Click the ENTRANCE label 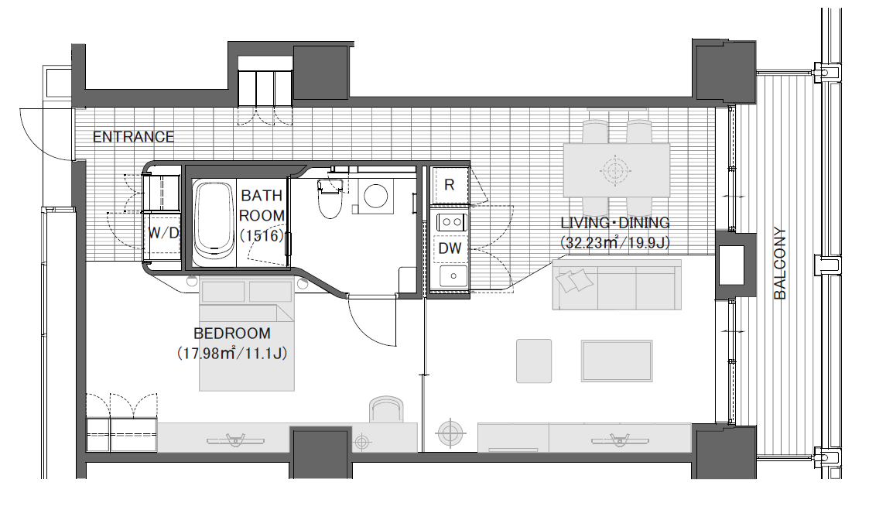[x=133, y=136]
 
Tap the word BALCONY [x=779, y=263]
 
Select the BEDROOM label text [x=231, y=334]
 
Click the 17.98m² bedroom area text [x=231, y=353]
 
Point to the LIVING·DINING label [x=615, y=223]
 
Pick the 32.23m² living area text [x=615, y=242]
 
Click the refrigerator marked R [x=449, y=185]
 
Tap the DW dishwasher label [x=450, y=248]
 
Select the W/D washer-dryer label [x=163, y=233]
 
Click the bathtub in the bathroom [x=214, y=222]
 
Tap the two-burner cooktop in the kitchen [x=451, y=222]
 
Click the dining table [x=616, y=169]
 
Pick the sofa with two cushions [x=617, y=285]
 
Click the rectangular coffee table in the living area [x=617, y=361]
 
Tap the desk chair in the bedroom [x=386, y=410]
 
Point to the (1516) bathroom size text [x=262, y=235]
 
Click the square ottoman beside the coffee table [x=534, y=361]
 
